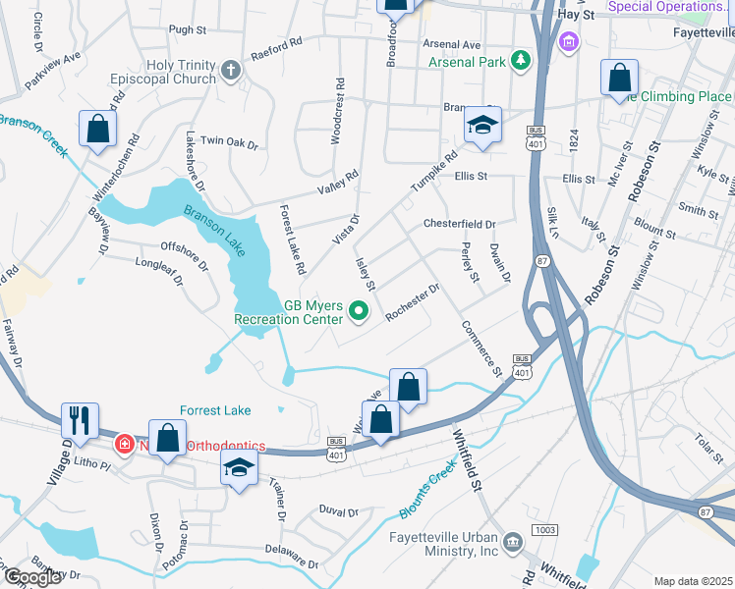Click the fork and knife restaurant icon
click(x=80, y=419)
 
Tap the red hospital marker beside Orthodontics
click(x=125, y=444)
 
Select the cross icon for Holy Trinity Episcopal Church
click(x=230, y=69)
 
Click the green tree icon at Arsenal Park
click(x=520, y=62)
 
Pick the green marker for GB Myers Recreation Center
click(x=359, y=313)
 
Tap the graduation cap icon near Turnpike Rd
click(x=481, y=125)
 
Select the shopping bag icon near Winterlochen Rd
click(x=98, y=129)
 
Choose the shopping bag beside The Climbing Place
click(x=619, y=78)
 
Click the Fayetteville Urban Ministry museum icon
click(x=513, y=543)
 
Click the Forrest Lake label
click(x=215, y=410)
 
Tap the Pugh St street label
click(x=185, y=30)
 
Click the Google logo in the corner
click(x=32, y=577)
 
